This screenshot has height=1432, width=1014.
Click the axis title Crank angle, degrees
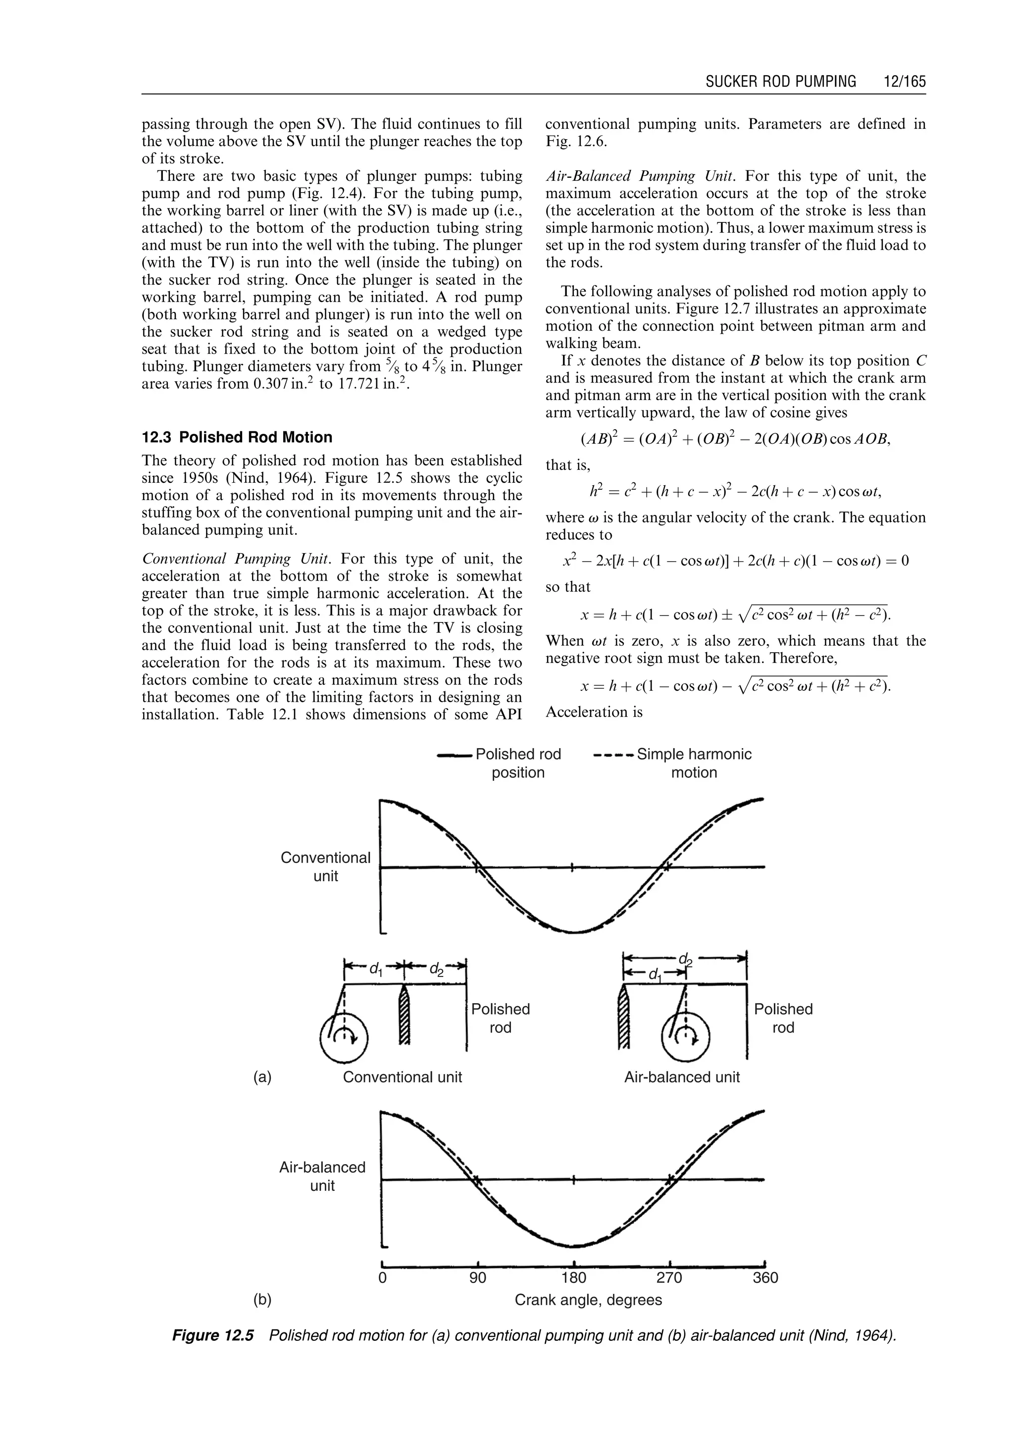(588, 1300)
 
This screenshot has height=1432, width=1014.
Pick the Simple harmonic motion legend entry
(694, 763)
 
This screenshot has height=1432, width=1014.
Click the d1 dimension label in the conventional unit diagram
(375, 969)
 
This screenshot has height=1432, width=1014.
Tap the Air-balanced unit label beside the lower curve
(322, 1176)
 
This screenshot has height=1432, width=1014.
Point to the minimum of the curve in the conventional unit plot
(573, 932)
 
